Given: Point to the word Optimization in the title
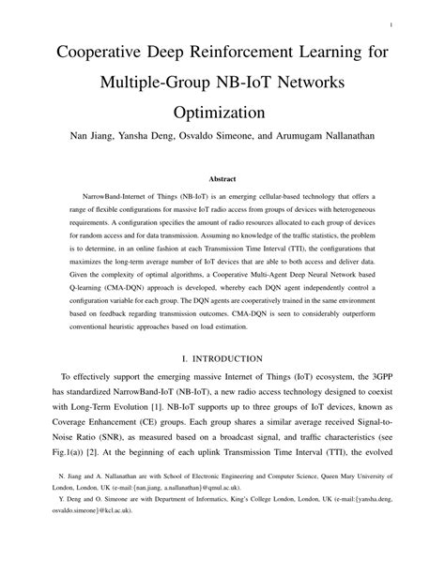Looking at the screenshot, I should (x=222, y=114).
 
